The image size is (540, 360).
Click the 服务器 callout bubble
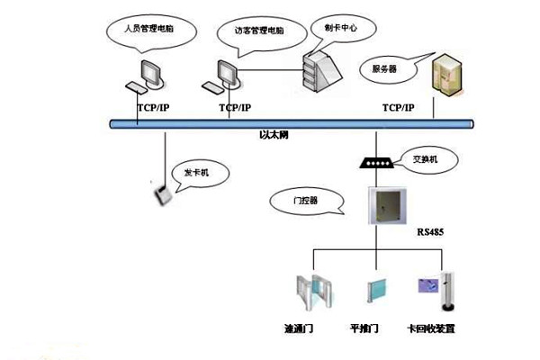pos(381,67)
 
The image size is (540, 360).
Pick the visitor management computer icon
pos(226,76)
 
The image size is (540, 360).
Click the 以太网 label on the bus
pos(272,134)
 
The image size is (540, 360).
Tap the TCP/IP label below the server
pos(398,108)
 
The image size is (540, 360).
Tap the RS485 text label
pos(430,232)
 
